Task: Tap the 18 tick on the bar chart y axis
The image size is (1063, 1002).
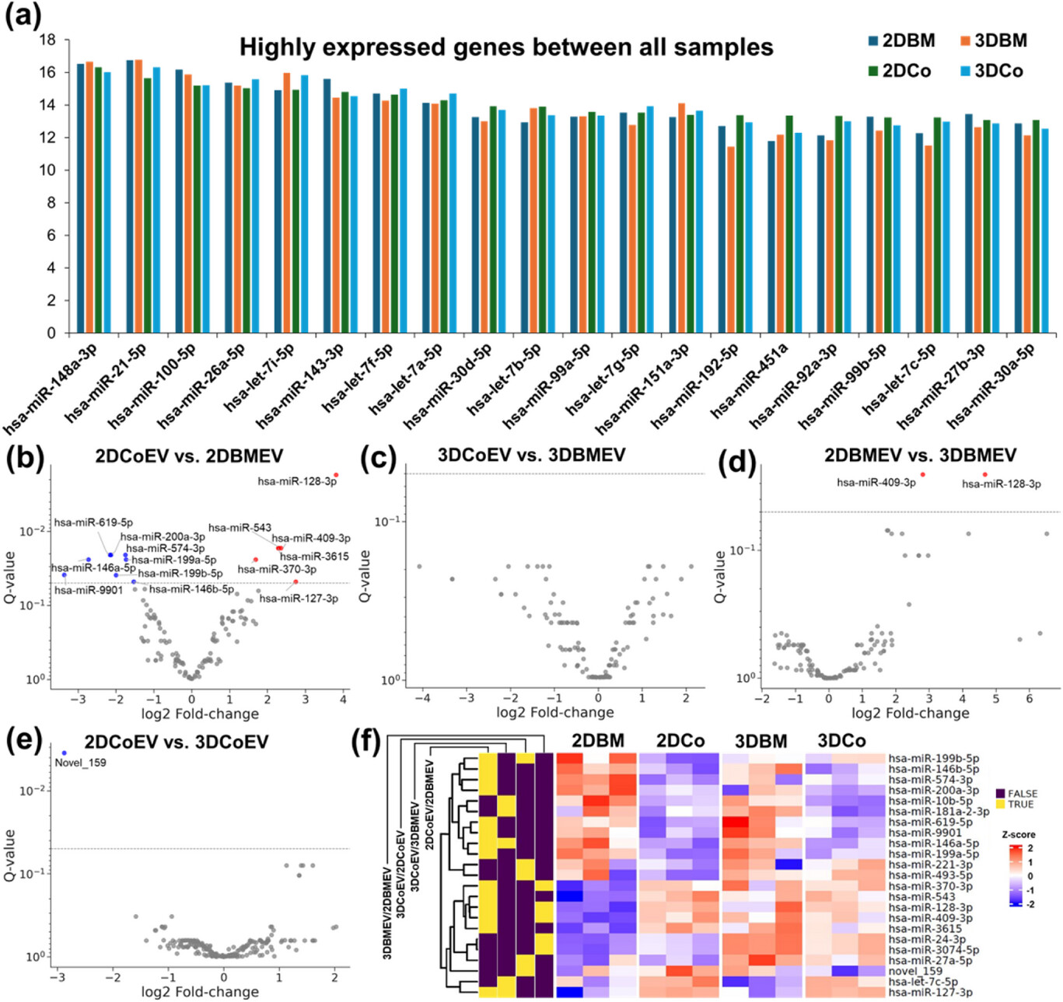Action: click(48, 40)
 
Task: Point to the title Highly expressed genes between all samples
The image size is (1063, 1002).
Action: click(506, 47)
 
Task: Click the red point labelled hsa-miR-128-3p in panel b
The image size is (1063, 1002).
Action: click(336, 475)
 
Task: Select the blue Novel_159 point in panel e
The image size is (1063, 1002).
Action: click(65, 752)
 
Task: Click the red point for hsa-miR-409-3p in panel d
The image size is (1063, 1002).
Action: click(923, 474)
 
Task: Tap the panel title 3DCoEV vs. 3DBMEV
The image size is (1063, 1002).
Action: click(531, 455)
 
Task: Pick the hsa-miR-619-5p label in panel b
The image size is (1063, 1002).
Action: click(93, 522)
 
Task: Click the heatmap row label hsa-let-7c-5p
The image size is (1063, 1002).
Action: click(923, 981)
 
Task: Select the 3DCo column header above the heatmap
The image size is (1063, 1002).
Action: click(841, 741)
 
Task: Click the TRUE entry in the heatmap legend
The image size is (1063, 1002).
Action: click(1021, 805)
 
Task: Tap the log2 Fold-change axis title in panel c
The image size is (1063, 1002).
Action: click(555, 712)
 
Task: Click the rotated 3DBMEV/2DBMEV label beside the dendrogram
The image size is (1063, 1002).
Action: click(387, 912)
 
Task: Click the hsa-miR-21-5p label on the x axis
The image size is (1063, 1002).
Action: click(106, 383)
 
